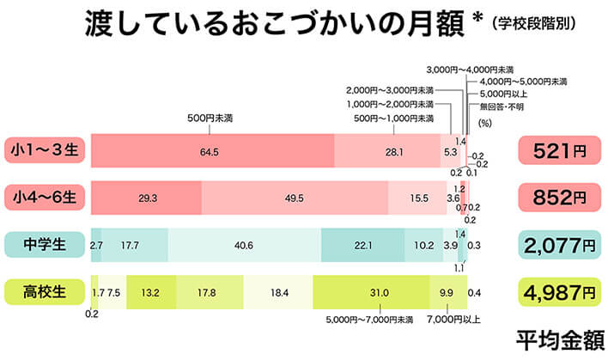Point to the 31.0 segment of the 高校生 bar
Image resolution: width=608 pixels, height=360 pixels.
point(378,292)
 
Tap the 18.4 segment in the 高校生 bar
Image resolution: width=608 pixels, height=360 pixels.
point(278,292)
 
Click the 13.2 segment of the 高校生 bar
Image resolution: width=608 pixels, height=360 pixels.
point(151,292)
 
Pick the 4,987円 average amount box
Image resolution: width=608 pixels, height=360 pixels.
point(559,292)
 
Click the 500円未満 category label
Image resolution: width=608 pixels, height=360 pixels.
point(210,118)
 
